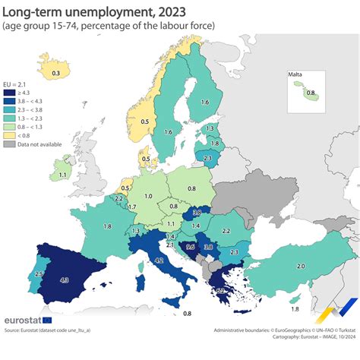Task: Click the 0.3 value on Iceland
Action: [55, 74]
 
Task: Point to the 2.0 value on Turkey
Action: [301, 266]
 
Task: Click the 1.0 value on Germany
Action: [148, 196]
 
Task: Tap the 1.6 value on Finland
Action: [205, 103]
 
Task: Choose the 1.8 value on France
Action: [108, 226]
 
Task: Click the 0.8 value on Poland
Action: [192, 188]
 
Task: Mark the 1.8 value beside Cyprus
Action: [295, 308]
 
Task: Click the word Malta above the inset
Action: [295, 74]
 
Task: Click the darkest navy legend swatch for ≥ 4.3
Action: [8, 92]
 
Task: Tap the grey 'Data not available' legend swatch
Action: [8, 143]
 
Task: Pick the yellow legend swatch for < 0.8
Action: [8, 134]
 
